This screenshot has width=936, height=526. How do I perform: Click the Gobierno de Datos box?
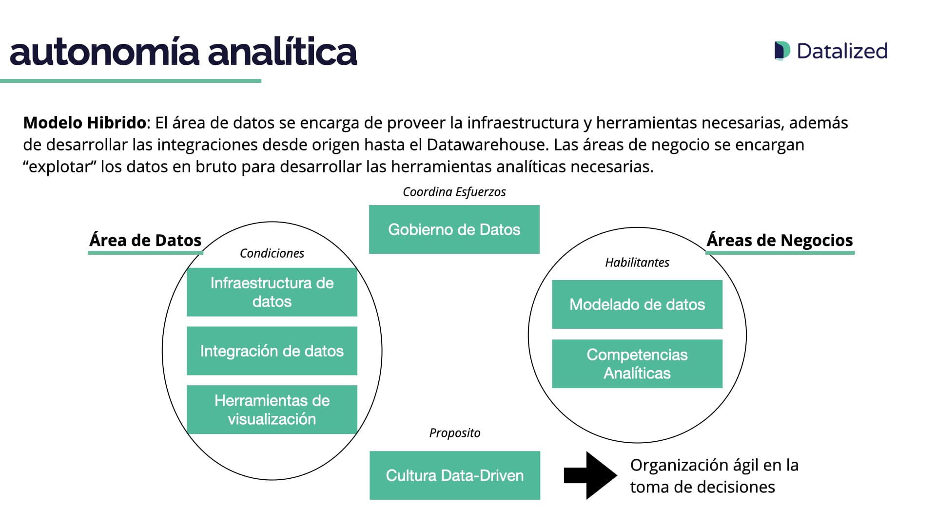coord(454,229)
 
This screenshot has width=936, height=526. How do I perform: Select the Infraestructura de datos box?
coord(272,292)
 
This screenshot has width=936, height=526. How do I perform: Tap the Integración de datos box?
coord(272,351)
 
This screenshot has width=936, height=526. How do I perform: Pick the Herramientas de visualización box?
coord(272,410)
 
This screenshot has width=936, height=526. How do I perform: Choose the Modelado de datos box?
coord(637,304)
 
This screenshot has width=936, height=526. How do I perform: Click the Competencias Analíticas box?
coord(637,364)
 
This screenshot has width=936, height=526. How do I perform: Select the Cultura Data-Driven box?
coord(454,475)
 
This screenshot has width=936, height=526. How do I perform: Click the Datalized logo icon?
coord(782,51)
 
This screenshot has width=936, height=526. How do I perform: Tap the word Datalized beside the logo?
coord(842,51)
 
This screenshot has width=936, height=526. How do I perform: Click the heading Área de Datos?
coord(145,240)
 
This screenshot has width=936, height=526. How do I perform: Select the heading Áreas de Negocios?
coord(780,240)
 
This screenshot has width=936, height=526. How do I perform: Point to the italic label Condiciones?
coord(272,253)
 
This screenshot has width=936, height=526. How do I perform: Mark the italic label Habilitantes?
coord(637,263)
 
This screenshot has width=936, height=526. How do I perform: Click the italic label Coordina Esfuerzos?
coord(454,192)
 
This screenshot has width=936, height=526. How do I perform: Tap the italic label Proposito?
coord(454,433)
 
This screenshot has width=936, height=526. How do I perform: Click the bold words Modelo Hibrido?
coord(84,123)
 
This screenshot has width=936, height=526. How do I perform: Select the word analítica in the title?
coord(282,52)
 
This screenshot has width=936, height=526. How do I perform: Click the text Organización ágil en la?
coord(714,465)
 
